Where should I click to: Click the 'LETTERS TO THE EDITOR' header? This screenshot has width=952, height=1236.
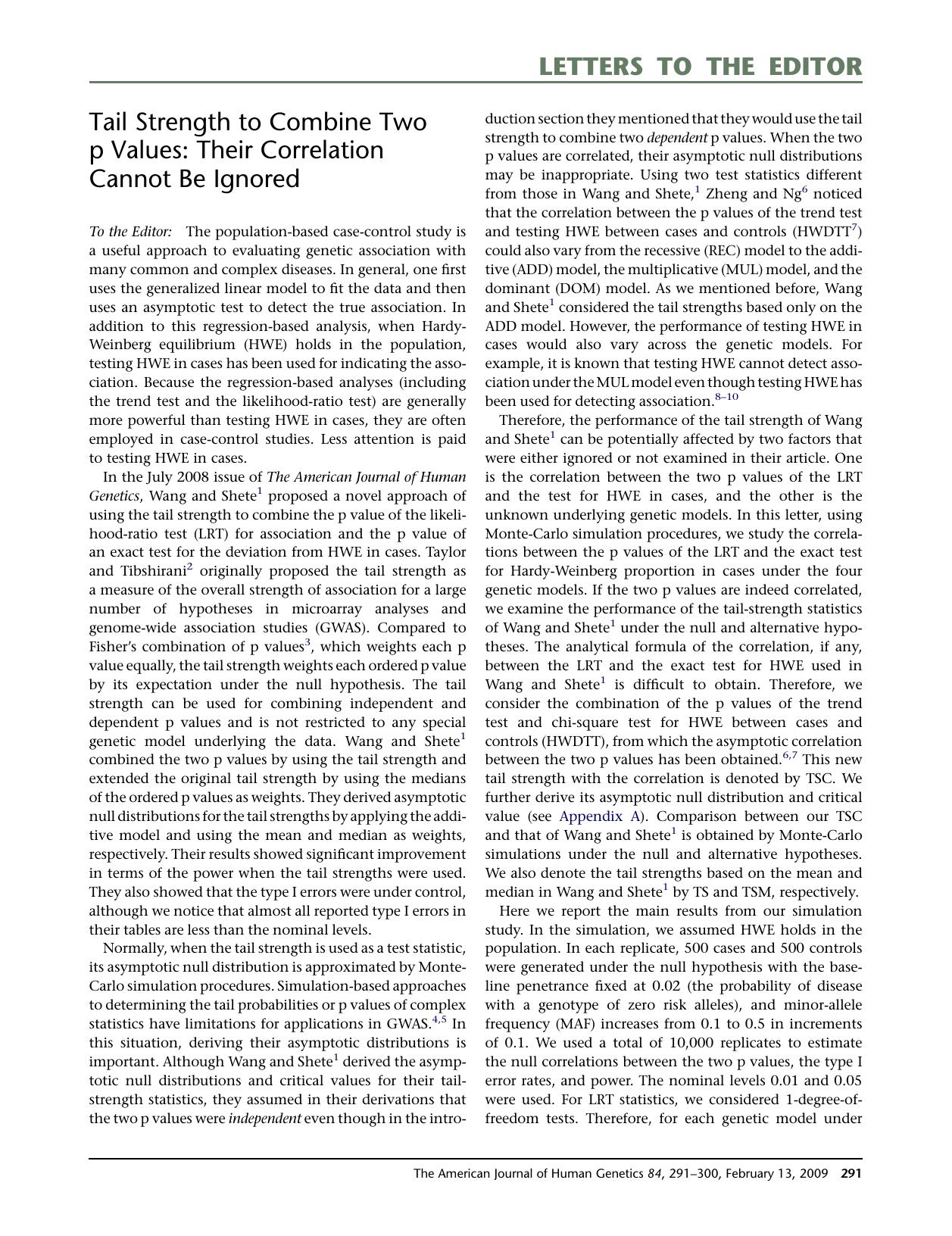point(700,67)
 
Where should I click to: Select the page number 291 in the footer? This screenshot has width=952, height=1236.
point(851,1174)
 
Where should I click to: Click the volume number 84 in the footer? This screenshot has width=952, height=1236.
point(654,1174)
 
